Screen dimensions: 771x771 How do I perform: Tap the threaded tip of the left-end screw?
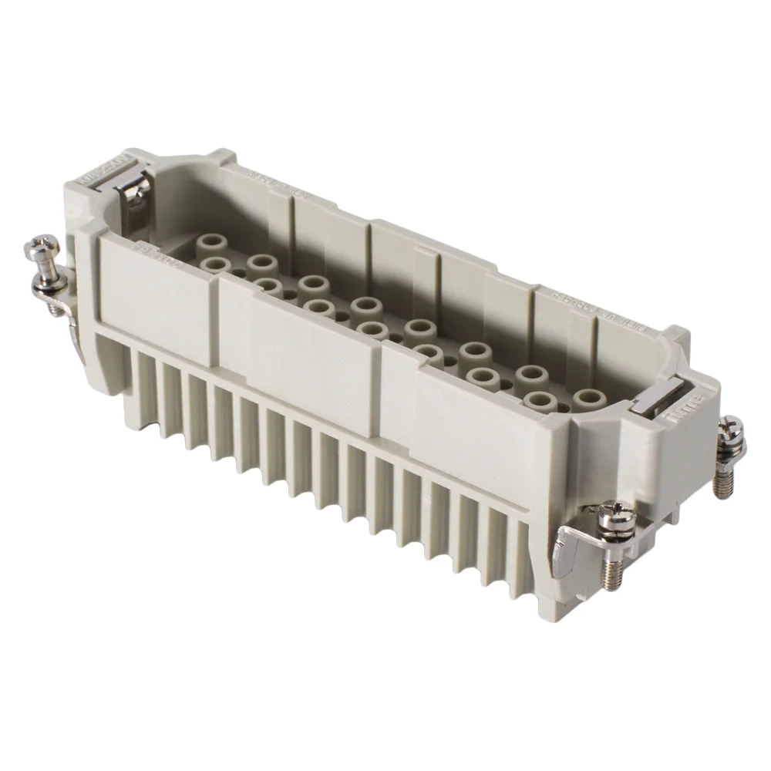click(56, 310)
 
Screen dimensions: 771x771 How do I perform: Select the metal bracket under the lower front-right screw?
click(574, 540)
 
